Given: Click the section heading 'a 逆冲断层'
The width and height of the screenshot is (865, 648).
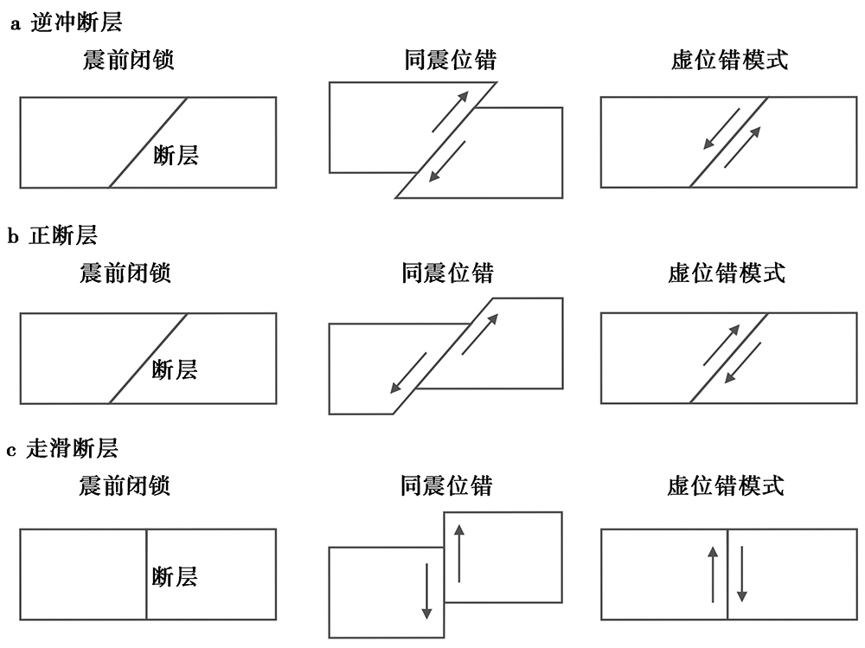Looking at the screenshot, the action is click(67, 22).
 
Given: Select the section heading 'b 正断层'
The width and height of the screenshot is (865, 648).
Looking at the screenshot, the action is click(53, 235).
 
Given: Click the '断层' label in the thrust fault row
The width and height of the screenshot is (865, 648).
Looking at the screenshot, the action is click(176, 155).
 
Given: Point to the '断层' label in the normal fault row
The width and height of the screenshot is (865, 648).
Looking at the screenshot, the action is click(175, 369).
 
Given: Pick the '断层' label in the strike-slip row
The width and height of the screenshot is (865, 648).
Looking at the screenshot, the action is click(175, 577).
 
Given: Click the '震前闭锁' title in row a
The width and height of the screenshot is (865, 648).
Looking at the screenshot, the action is click(129, 60).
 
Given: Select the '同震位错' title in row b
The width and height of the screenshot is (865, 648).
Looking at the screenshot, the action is click(447, 273).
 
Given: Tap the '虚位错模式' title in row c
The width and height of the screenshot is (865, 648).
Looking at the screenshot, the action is click(726, 485).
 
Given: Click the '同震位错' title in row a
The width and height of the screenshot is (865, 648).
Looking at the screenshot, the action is click(450, 60).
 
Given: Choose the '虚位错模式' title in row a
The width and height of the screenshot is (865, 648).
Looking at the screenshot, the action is click(729, 60).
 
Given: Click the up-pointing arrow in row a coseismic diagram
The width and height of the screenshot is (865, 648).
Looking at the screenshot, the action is click(450, 112).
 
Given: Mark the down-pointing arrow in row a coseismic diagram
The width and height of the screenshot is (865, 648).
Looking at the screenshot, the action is click(447, 161).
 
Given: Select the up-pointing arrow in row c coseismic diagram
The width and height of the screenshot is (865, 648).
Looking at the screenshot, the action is click(459, 554).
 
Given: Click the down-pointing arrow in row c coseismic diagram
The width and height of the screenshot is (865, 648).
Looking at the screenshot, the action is click(426, 591).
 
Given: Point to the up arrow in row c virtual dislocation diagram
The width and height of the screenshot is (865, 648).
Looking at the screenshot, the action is click(713, 574).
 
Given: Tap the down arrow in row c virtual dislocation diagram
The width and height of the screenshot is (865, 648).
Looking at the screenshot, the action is click(742, 574).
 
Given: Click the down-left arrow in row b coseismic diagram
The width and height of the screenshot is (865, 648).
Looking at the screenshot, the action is click(408, 373).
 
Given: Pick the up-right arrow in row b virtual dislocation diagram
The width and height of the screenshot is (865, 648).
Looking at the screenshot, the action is click(721, 345).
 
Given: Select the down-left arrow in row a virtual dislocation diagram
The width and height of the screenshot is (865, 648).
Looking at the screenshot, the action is click(721, 129).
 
